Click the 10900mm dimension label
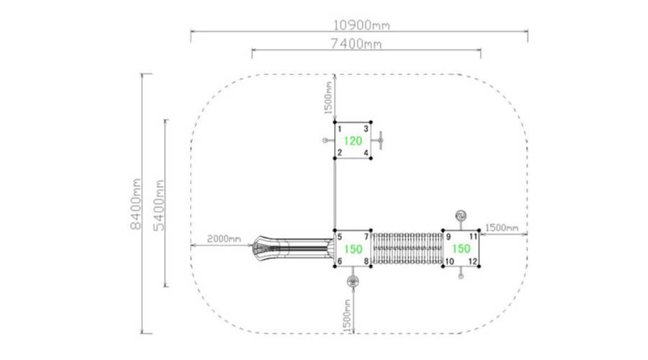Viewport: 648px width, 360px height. coord(361,25)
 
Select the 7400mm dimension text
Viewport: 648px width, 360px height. coord(356,43)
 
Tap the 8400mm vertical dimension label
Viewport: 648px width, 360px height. coord(135,204)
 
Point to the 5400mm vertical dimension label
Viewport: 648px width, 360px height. coord(158,205)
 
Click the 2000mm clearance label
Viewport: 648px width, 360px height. coord(224,239)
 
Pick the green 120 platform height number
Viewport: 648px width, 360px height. coord(353,141)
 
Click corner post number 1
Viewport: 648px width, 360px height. coord(340,130)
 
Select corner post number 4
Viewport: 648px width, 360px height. coord(366,153)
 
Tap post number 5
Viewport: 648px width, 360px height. coord(340,237)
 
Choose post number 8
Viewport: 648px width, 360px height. coord(366,261)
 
